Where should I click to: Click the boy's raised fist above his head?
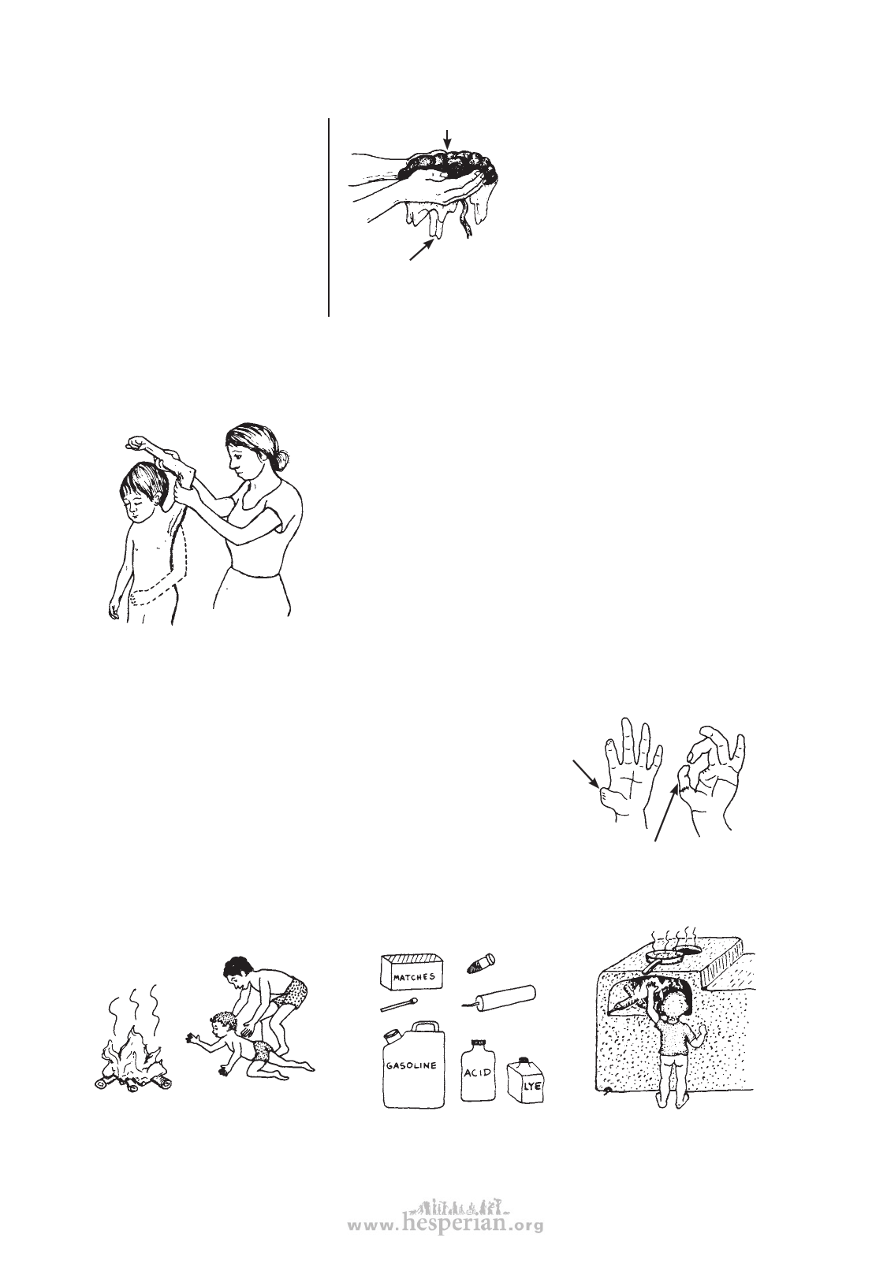pyautogui.click(x=136, y=441)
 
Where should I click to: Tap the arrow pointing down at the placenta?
pyautogui.click(x=448, y=140)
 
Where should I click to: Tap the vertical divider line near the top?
pyautogui.click(x=329, y=217)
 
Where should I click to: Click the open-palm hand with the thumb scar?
pyautogui.click(x=628, y=775)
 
